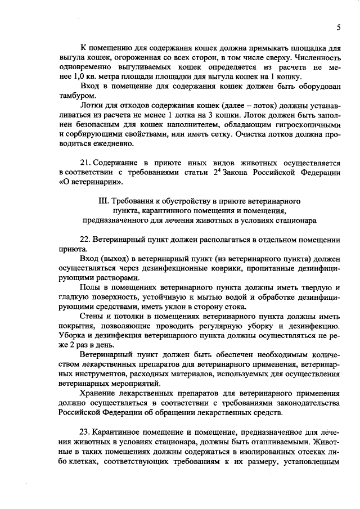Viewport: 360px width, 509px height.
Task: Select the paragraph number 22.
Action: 85,240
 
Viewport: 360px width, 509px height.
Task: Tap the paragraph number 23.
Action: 85,433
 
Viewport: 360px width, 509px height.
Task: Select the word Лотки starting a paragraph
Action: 91,105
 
